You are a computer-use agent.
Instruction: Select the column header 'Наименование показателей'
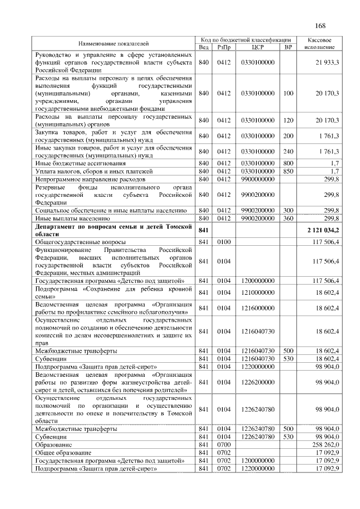coord(114,43)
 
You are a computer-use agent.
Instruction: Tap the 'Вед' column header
coord(204,47)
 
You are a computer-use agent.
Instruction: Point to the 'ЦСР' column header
coord(257,47)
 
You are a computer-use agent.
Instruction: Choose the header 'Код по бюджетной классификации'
coord(245,40)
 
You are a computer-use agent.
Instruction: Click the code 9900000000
coord(257,179)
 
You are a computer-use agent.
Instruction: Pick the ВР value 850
coord(288,171)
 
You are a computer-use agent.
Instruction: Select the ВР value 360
coord(288,218)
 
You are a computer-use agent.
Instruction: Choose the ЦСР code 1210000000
coord(257,292)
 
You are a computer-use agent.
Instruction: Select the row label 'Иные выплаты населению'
coord(69,218)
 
